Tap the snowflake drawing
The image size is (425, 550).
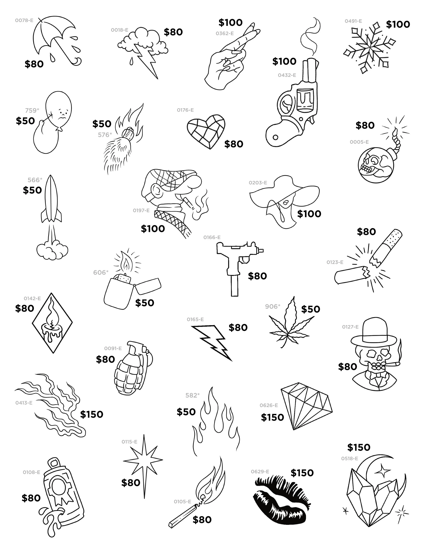click(369, 48)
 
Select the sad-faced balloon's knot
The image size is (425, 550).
click(60, 129)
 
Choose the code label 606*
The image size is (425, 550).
click(101, 273)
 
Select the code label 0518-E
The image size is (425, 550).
click(350, 459)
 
